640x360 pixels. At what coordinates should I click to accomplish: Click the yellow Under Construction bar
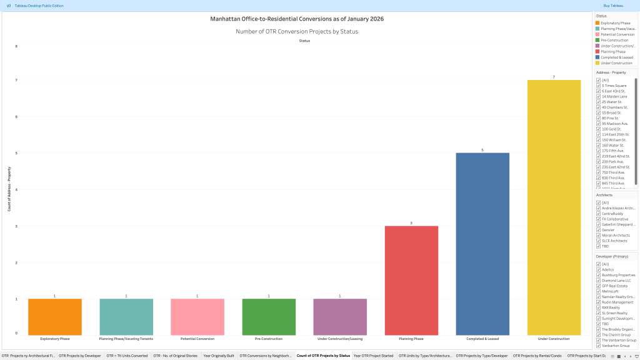554,206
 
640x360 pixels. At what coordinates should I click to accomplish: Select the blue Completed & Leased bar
482,244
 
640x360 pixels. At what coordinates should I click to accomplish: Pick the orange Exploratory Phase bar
55,316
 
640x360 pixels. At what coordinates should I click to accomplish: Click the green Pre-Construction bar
269,316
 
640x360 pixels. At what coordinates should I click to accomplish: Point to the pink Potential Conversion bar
197,316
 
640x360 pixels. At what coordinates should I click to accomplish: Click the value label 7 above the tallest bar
554,77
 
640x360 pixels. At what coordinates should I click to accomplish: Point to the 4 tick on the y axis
16,189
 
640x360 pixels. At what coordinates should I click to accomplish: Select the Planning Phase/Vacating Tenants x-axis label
126,339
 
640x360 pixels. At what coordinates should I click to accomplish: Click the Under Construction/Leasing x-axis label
340,339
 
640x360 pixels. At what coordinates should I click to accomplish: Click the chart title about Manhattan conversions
297,19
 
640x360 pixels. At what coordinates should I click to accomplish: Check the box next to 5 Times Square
598,86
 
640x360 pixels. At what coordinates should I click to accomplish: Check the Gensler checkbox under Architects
598,230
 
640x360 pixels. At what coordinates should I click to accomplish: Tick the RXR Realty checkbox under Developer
598,307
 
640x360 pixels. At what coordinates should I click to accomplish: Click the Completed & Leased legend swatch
598,57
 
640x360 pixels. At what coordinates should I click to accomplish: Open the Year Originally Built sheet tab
219,356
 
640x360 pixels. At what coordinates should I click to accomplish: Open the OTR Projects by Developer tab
80,356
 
